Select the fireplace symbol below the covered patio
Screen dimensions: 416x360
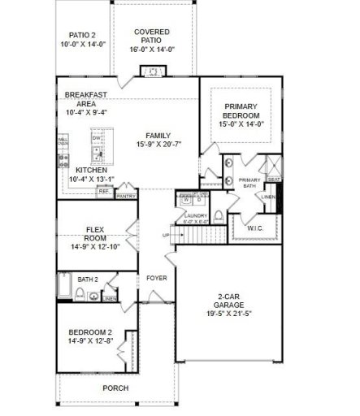click(151, 72)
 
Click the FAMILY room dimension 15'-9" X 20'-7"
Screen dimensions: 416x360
click(157, 145)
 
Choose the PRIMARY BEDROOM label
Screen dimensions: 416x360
click(241, 112)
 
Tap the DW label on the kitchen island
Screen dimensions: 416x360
click(96, 139)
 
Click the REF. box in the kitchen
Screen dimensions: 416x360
click(104, 192)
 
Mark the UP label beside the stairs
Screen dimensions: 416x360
click(167, 236)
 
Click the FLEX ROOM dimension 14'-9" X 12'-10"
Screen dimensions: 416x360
click(96, 245)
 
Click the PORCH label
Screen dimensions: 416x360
click(115, 388)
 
